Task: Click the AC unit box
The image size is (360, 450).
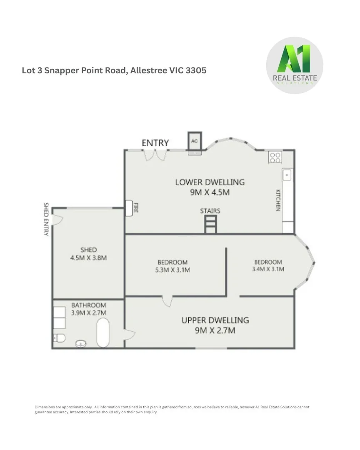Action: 194,141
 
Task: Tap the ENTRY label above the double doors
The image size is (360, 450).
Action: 155,143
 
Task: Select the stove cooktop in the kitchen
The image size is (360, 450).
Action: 275,157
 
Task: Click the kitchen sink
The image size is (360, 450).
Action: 287,175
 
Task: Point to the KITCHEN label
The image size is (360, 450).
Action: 277,200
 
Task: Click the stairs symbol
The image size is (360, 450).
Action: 210,224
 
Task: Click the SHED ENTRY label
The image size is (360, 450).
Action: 46,219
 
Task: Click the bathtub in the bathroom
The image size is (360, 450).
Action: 103,332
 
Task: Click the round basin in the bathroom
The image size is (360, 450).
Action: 80,344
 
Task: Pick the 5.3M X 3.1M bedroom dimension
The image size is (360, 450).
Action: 172,270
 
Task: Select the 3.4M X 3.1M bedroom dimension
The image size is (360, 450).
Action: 268,269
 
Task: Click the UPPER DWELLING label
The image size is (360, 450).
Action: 215,320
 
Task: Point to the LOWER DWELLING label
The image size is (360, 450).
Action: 210,182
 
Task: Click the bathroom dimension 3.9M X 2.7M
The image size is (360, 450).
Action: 88,312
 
